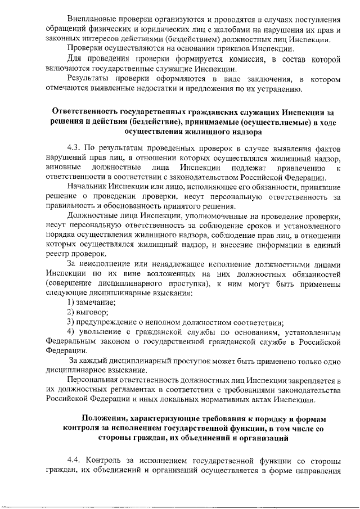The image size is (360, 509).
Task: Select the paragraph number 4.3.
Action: [74, 147]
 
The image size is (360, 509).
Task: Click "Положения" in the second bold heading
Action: [103, 419]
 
